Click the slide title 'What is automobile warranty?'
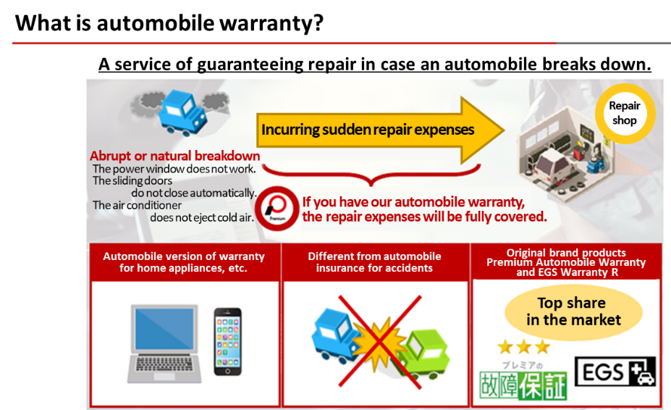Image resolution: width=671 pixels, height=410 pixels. (x=169, y=23)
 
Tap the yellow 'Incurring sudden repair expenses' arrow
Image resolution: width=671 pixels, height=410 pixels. (x=380, y=130)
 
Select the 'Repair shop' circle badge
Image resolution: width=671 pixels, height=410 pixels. (x=625, y=113)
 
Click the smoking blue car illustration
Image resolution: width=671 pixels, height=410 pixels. (x=182, y=112)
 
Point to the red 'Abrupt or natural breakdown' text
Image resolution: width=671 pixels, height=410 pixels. (x=174, y=156)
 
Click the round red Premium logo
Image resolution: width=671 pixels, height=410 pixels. (x=277, y=209)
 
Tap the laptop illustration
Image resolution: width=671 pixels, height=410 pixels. (x=165, y=343)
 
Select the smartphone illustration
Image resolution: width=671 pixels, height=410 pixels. (x=228, y=341)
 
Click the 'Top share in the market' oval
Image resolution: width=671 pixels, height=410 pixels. (x=573, y=312)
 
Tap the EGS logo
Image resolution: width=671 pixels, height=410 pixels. (x=615, y=372)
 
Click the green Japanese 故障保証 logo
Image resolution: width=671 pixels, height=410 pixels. (x=523, y=385)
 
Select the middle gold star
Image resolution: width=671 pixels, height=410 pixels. (x=524, y=346)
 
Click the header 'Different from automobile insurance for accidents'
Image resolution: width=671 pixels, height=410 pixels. (x=374, y=262)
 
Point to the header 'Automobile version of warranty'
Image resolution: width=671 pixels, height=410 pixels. (x=184, y=256)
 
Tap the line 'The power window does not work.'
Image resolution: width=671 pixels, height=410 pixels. (x=174, y=169)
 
